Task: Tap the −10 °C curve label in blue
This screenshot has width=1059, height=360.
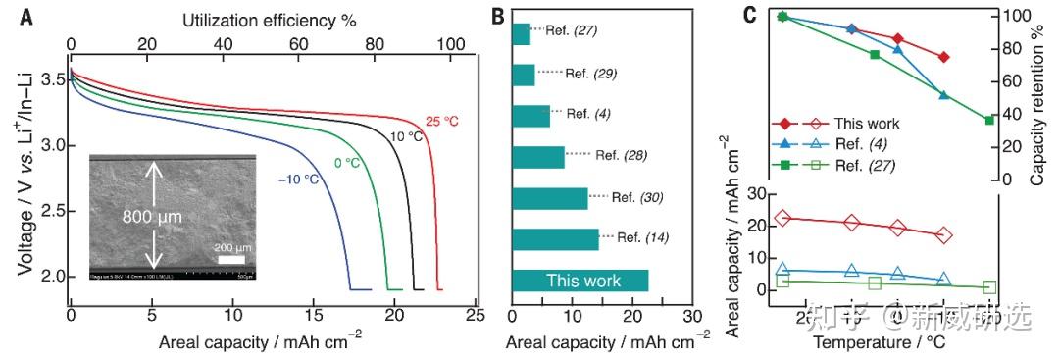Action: (272, 179)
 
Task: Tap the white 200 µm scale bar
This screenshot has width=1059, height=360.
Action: (231, 260)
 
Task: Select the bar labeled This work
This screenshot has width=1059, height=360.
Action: (580, 281)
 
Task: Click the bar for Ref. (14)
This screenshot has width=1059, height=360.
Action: (555, 238)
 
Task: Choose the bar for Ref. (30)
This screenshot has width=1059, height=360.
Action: (550, 197)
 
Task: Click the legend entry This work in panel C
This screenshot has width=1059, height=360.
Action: (866, 125)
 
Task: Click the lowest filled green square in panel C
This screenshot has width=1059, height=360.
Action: (989, 120)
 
